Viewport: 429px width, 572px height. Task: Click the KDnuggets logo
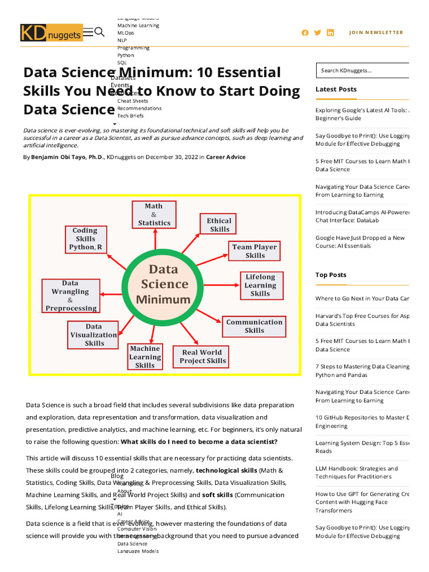pos(51,33)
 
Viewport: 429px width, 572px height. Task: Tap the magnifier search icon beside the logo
pos(100,32)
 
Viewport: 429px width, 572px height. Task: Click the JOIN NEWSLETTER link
pos(376,32)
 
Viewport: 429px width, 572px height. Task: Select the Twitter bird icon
pos(318,32)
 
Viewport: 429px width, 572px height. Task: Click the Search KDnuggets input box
pos(363,70)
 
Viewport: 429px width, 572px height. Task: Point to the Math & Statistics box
pos(154,214)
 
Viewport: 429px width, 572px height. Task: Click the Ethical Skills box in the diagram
pos(220,225)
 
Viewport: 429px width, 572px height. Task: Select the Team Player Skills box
pos(255,251)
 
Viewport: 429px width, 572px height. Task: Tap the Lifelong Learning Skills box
pos(260,285)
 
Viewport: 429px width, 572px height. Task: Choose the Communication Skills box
pos(254,326)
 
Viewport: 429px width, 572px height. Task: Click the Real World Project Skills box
pos(202,356)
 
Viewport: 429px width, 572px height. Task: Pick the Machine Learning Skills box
pos(145,356)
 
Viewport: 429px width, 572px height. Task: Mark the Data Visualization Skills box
pos(94,335)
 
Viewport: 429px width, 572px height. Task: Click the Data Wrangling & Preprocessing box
pos(71,295)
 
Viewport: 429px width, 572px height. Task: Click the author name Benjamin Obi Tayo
pos(67,158)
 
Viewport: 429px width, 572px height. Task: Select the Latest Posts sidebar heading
pos(336,89)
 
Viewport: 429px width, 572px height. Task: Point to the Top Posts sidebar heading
pos(331,275)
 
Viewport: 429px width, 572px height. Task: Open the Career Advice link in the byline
pos(226,158)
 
